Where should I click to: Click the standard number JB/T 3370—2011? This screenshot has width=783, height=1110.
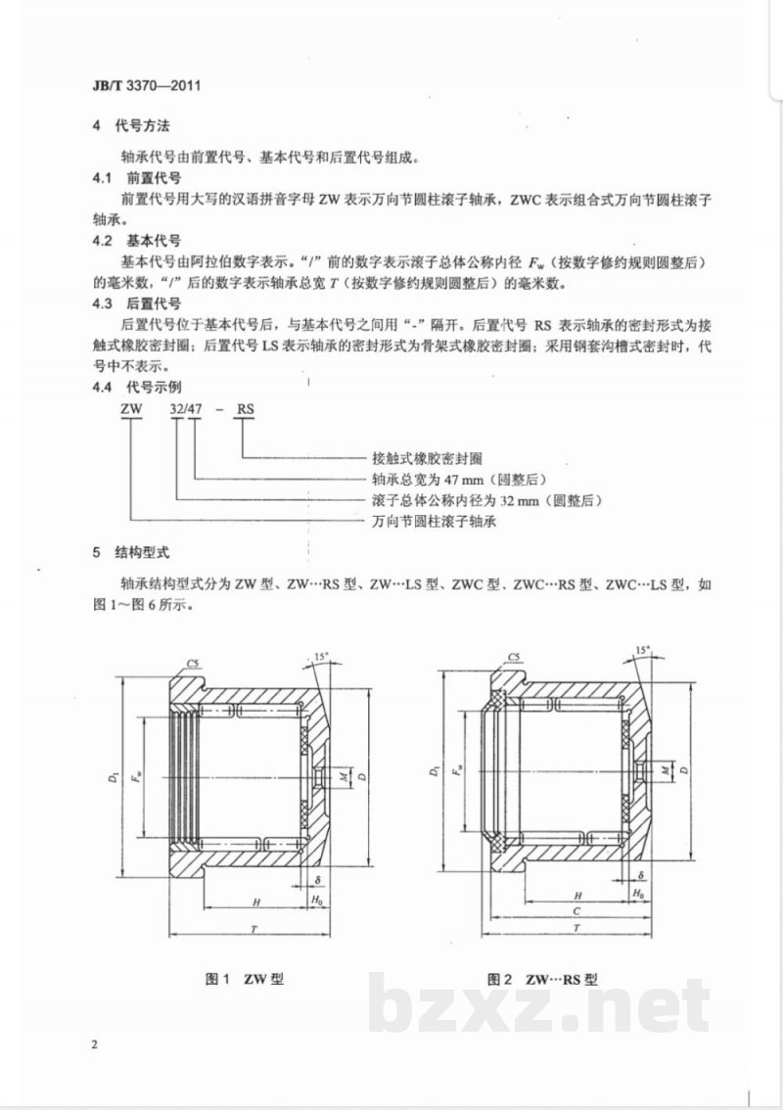coord(147,86)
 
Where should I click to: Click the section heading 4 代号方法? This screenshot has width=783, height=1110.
coord(132,126)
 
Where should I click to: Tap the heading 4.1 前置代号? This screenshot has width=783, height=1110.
coord(137,178)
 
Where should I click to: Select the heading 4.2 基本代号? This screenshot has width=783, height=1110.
coord(137,241)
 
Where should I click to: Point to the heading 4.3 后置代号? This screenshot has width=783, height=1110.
coord(137,303)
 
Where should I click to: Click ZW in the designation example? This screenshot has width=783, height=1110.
coord(132,408)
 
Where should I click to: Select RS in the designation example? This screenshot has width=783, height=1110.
coord(245,408)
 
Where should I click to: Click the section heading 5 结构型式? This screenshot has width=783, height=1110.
coord(132,552)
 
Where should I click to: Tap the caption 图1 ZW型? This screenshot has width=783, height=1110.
coord(245,979)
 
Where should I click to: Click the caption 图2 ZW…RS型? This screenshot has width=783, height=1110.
coord(542,979)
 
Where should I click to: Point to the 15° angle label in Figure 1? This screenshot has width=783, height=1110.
coord(321,656)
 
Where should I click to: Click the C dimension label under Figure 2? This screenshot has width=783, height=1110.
coord(576,912)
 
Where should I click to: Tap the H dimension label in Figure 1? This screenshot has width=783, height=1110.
coord(256,902)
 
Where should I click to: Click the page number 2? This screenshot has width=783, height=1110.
coord(96,1044)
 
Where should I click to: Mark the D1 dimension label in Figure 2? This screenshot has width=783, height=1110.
coord(432,769)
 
